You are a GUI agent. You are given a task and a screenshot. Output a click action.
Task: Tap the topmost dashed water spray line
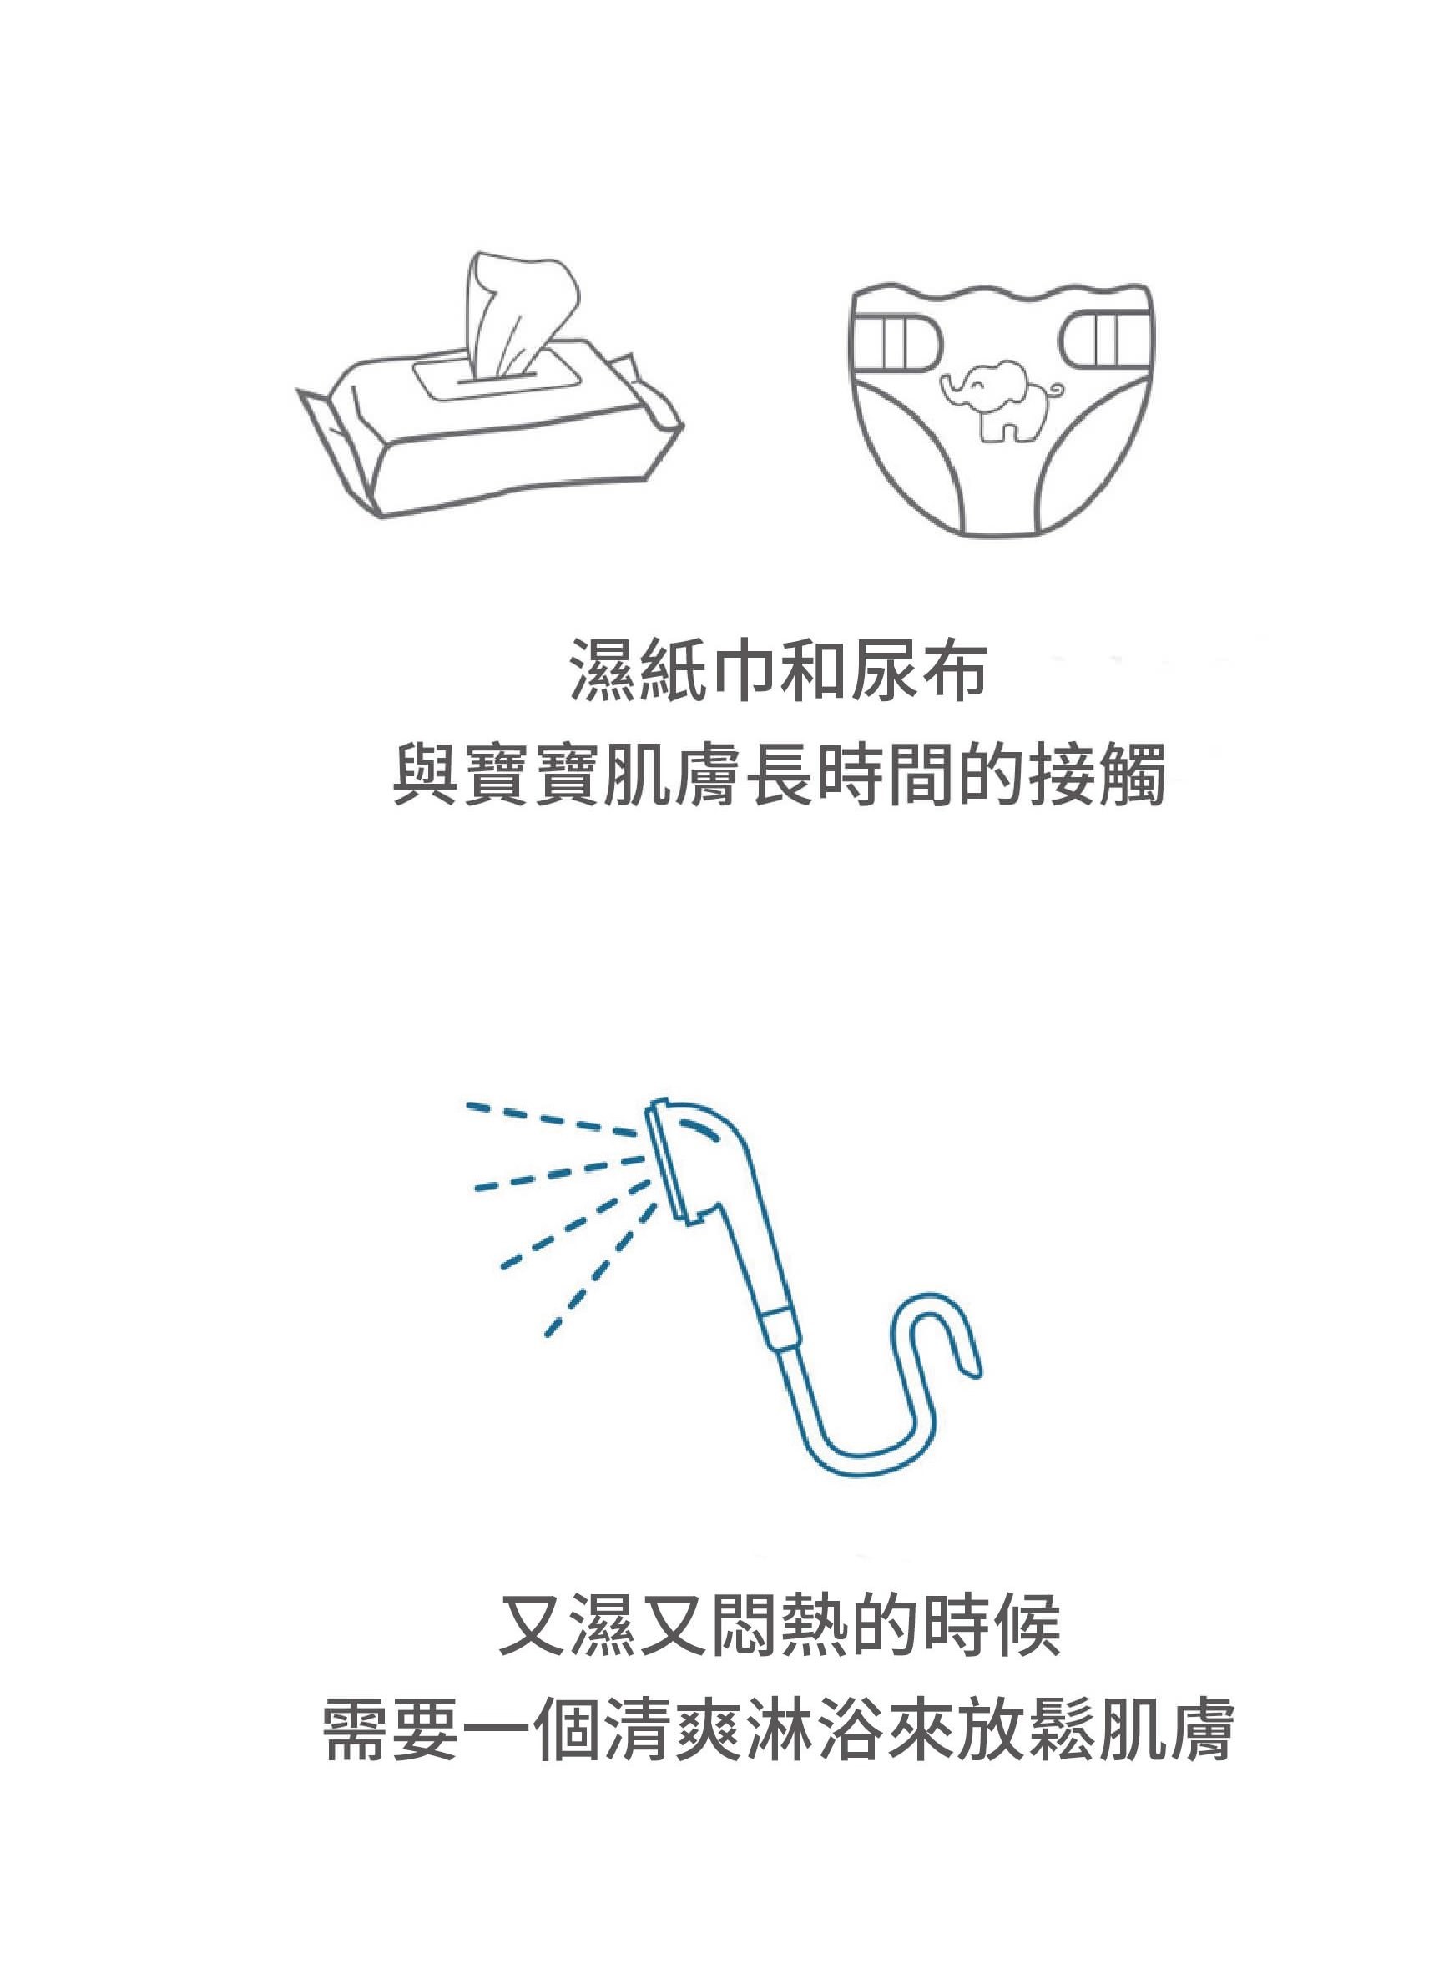coord(552,1120)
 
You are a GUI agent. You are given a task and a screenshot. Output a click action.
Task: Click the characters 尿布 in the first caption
coord(918,672)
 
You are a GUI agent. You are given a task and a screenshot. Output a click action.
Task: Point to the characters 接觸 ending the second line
coord(1097,775)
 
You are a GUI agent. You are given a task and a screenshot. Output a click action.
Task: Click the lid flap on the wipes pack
coord(493,376)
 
